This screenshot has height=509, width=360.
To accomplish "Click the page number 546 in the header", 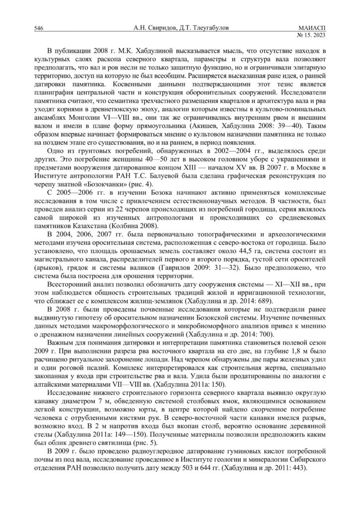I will [x=38, y=29].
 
